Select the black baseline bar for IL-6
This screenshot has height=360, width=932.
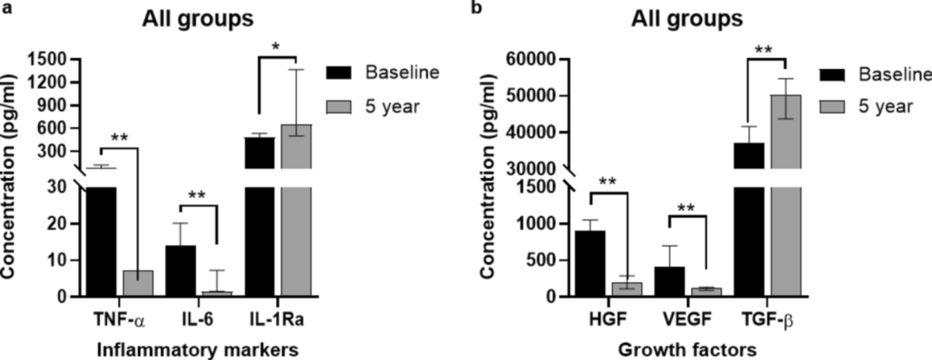(180, 271)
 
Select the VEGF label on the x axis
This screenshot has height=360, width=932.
(688, 319)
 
